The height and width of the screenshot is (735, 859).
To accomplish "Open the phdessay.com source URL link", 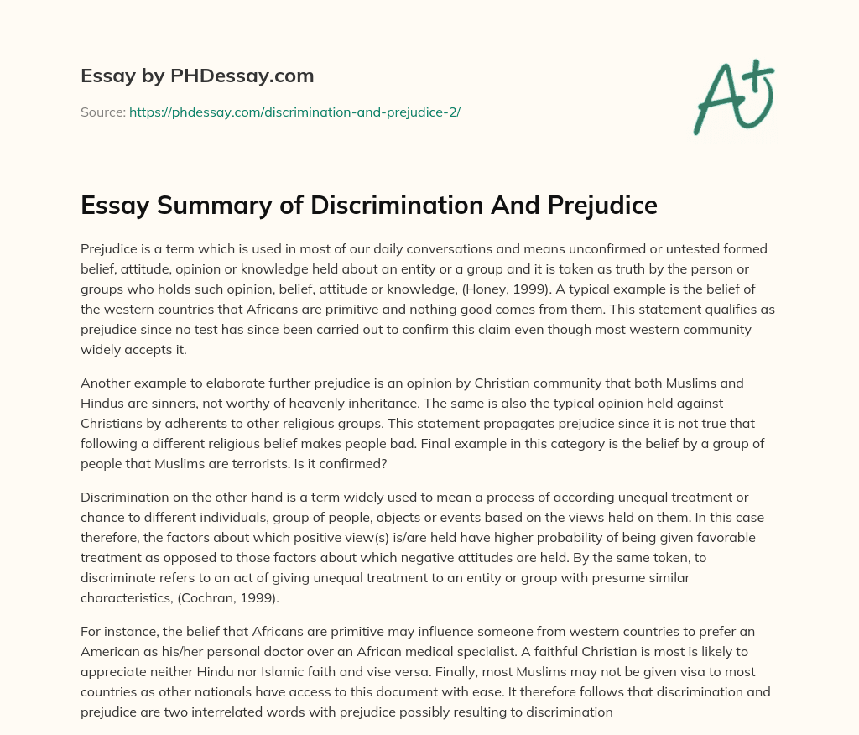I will [294, 112].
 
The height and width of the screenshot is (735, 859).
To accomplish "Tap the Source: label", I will [103, 112].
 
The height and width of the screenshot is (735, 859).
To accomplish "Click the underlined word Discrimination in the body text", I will [125, 497].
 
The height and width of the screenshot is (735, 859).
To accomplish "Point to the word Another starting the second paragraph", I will [107, 383].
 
